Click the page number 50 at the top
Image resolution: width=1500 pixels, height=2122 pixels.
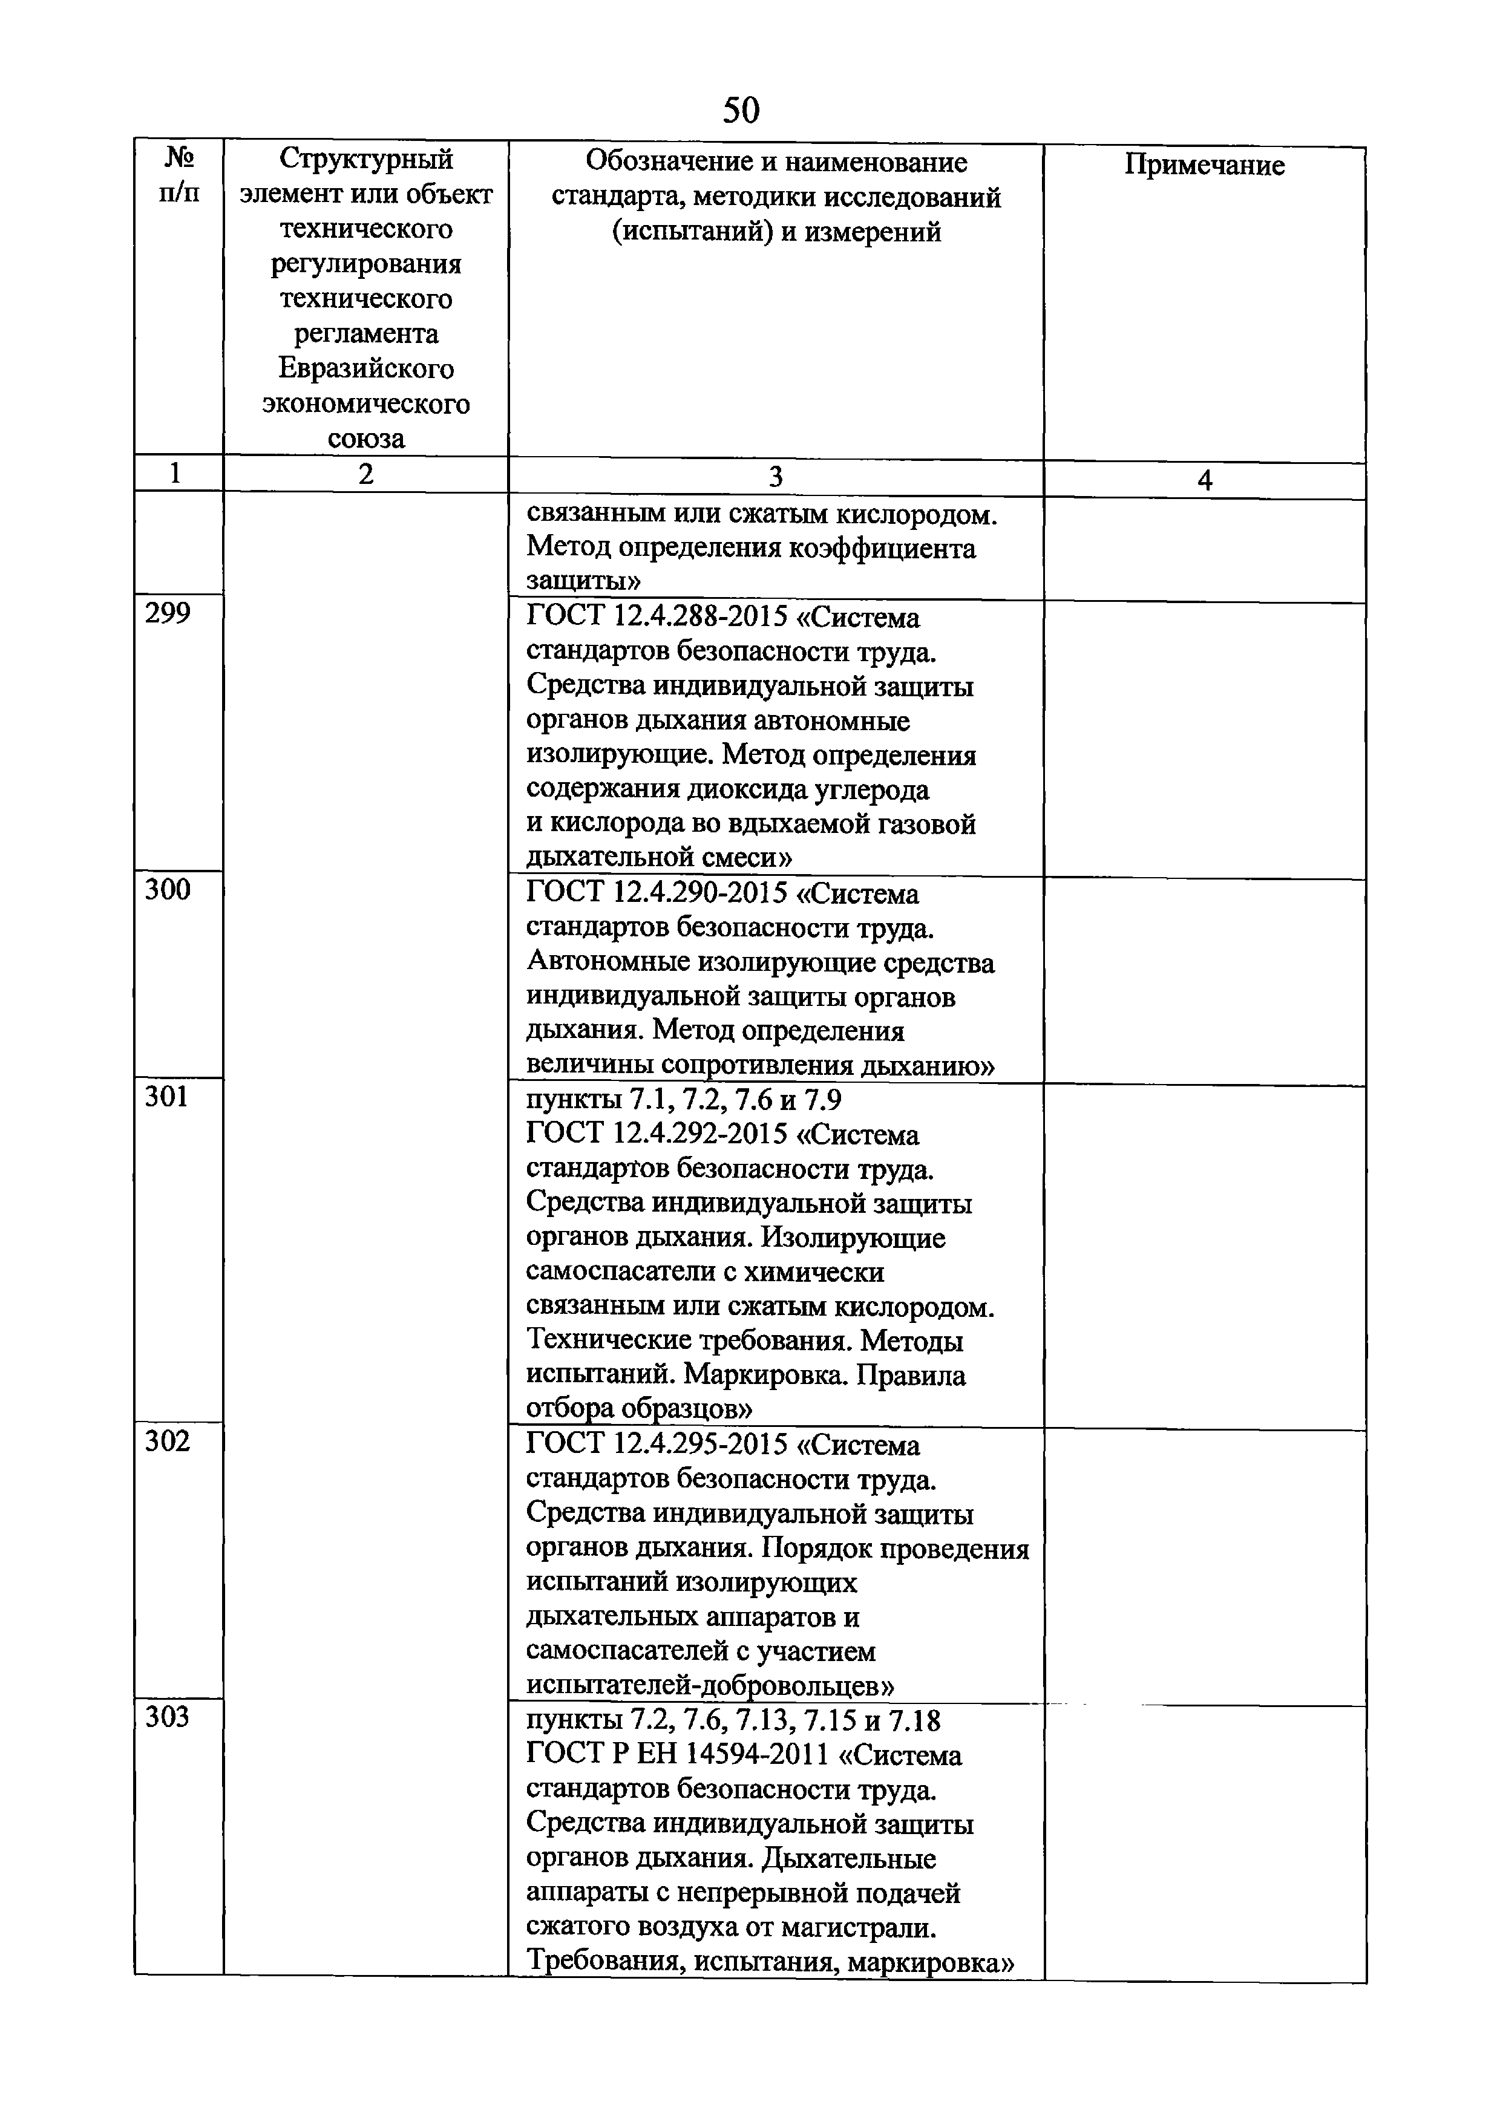(x=740, y=111)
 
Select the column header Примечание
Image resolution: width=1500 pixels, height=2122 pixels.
(x=1204, y=165)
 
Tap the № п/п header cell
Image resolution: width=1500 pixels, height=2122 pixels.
(x=179, y=175)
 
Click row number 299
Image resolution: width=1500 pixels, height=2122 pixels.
(x=167, y=615)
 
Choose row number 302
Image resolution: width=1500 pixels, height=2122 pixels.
(x=167, y=1441)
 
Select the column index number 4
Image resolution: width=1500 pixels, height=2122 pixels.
(x=1204, y=480)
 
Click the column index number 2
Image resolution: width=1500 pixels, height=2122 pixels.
(x=366, y=475)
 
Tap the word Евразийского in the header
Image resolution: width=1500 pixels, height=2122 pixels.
(x=366, y=369)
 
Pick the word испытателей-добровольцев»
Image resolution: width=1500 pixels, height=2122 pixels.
(x=710, y=1686)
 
